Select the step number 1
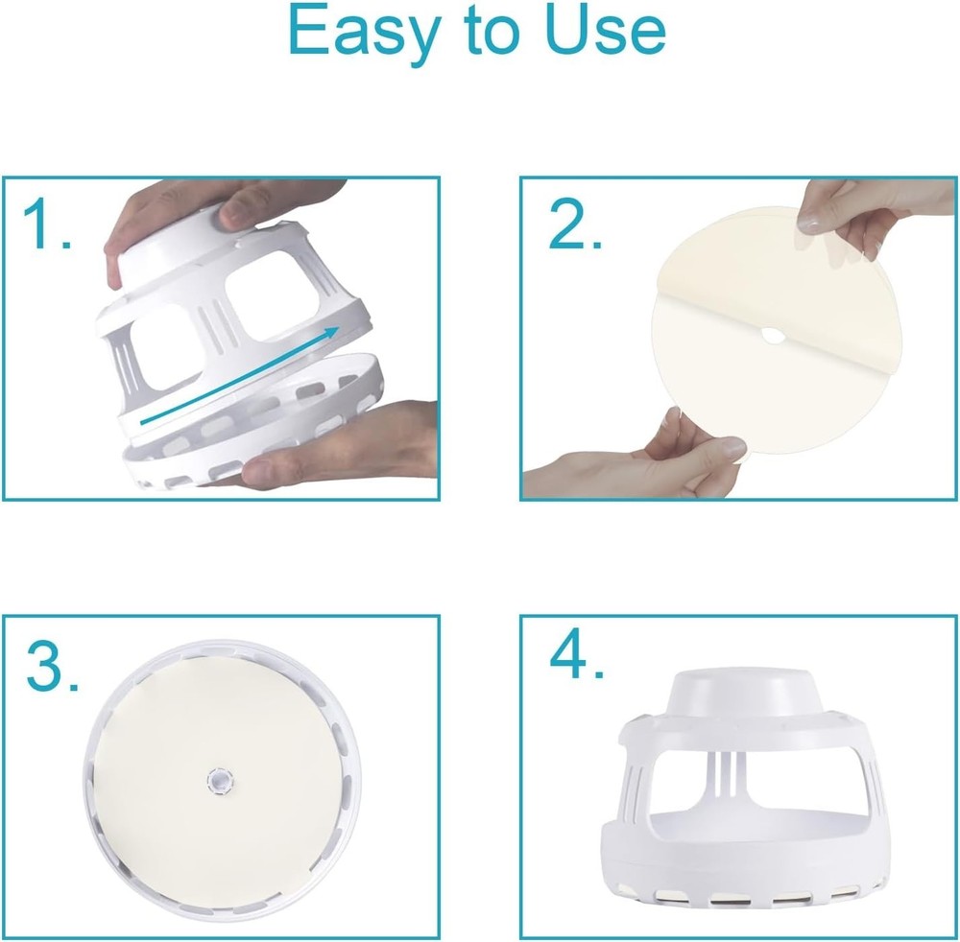coord(47,225)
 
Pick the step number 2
coord(574,224)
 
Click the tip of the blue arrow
coord(339,328)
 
